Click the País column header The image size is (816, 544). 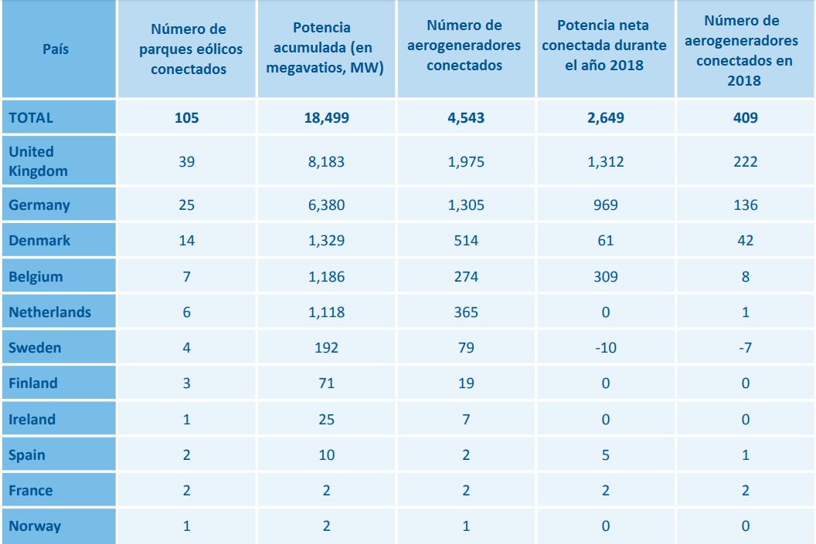click(56, 49)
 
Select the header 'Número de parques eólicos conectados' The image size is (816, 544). click(186, 49)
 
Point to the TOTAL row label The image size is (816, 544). click(31, 118)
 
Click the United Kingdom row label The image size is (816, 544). click(38, 161)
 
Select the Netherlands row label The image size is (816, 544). click(49, 313)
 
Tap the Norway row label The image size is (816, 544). click(34, 527)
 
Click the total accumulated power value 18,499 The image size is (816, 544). click(326, 118)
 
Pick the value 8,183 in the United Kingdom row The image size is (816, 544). click(326, 162)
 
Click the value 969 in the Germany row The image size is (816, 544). click(605, 205)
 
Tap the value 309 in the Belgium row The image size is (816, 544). click(605, 276)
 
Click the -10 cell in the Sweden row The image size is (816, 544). click(605, 348)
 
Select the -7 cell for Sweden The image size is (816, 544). click(745, 348)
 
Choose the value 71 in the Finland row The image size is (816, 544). click(326, 384)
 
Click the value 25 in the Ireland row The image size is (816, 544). click(326, 420)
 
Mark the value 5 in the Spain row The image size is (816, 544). click(605, 455)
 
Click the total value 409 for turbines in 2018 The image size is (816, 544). click(745, 118)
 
